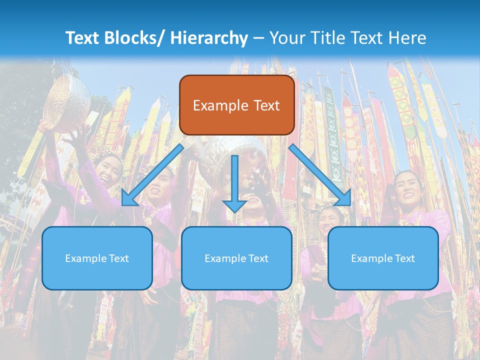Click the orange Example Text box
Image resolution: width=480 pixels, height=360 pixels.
(x=236, y=105)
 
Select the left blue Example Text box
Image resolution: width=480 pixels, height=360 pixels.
(x=97, y=258)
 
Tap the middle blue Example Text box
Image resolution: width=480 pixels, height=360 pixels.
(x=236, y=258)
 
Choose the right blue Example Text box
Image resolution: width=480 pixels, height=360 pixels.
(x=383, y=258)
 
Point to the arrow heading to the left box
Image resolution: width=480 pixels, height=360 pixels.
(x=152, y=175)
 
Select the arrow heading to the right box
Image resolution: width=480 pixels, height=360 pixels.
(x=320, y=175)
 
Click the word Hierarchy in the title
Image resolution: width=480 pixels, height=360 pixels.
(x=208, y=38)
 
